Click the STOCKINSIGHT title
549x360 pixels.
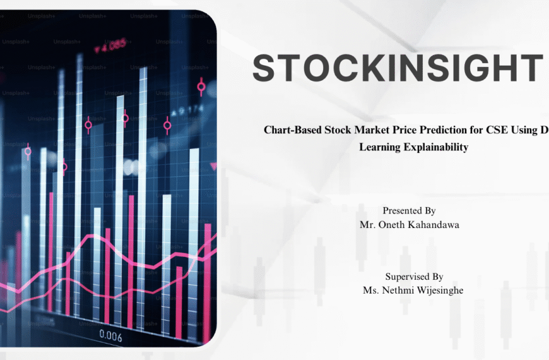coord(398,68)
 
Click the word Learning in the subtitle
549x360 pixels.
coord(378,147)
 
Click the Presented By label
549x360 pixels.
coord(409,211)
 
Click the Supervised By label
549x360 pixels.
coord(414,277)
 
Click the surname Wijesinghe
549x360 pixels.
coord(439,290)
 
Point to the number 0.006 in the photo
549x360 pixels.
coord(110,337)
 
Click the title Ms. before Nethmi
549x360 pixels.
coord(370,290)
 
